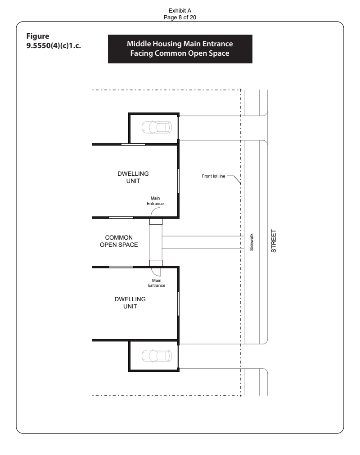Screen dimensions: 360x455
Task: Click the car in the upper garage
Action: pos(157,127)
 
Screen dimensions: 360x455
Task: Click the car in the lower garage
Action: pos(157,356)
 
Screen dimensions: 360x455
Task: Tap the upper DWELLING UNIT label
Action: pos(133,177)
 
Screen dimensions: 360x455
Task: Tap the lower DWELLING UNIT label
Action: pos(130,303)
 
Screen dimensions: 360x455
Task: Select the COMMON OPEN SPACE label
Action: pos(119,241)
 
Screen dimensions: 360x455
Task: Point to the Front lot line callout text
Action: pos(213,176)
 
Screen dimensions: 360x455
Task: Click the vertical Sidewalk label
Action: pos(252,242)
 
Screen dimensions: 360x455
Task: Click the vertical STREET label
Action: pos(274,241)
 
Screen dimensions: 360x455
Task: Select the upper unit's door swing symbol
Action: pos(156,212)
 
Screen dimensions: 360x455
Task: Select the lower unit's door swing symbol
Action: pos(156,272)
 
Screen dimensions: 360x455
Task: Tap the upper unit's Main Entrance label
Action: pos(155,201)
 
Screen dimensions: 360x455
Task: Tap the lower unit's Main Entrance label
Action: pos(157,283)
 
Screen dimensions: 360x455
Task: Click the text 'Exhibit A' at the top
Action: pos(180,11)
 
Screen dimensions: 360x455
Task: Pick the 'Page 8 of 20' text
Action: pos(180,18)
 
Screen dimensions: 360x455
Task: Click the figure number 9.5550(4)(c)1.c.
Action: pos(54,46)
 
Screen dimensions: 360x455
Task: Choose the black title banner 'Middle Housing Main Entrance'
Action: pos(180,49)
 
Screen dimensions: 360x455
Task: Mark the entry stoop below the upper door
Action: pos(156,222)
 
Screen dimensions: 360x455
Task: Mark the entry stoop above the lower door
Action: pos(156,263)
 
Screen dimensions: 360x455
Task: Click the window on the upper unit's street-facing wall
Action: pos(178,180)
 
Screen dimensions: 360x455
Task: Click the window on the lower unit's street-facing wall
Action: pos(178,303)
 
